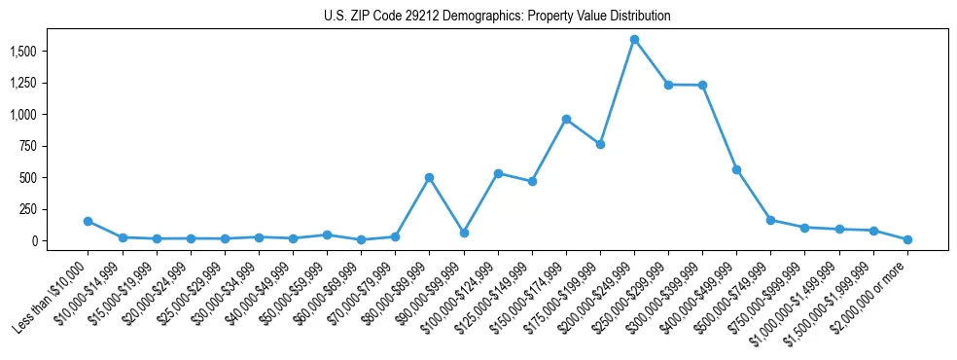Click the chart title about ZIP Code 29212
497,17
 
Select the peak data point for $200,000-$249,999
634,40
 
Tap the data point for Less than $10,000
89,221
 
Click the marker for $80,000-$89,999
429,178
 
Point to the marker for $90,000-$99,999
464,233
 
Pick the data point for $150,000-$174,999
566,119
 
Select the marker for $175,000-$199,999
600,144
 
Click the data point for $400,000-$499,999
736,169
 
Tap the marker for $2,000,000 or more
907,239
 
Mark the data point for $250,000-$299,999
668,85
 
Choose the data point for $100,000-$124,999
498,173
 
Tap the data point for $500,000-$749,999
770,220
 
